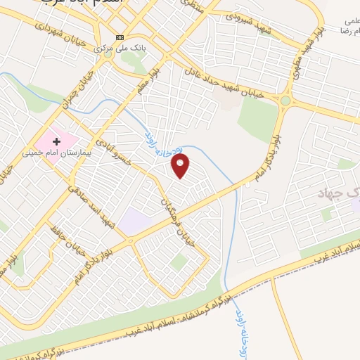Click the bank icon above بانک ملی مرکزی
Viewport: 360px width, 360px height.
120,37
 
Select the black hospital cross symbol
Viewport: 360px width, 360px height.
58,141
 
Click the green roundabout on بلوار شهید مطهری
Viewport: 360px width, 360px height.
285,101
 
